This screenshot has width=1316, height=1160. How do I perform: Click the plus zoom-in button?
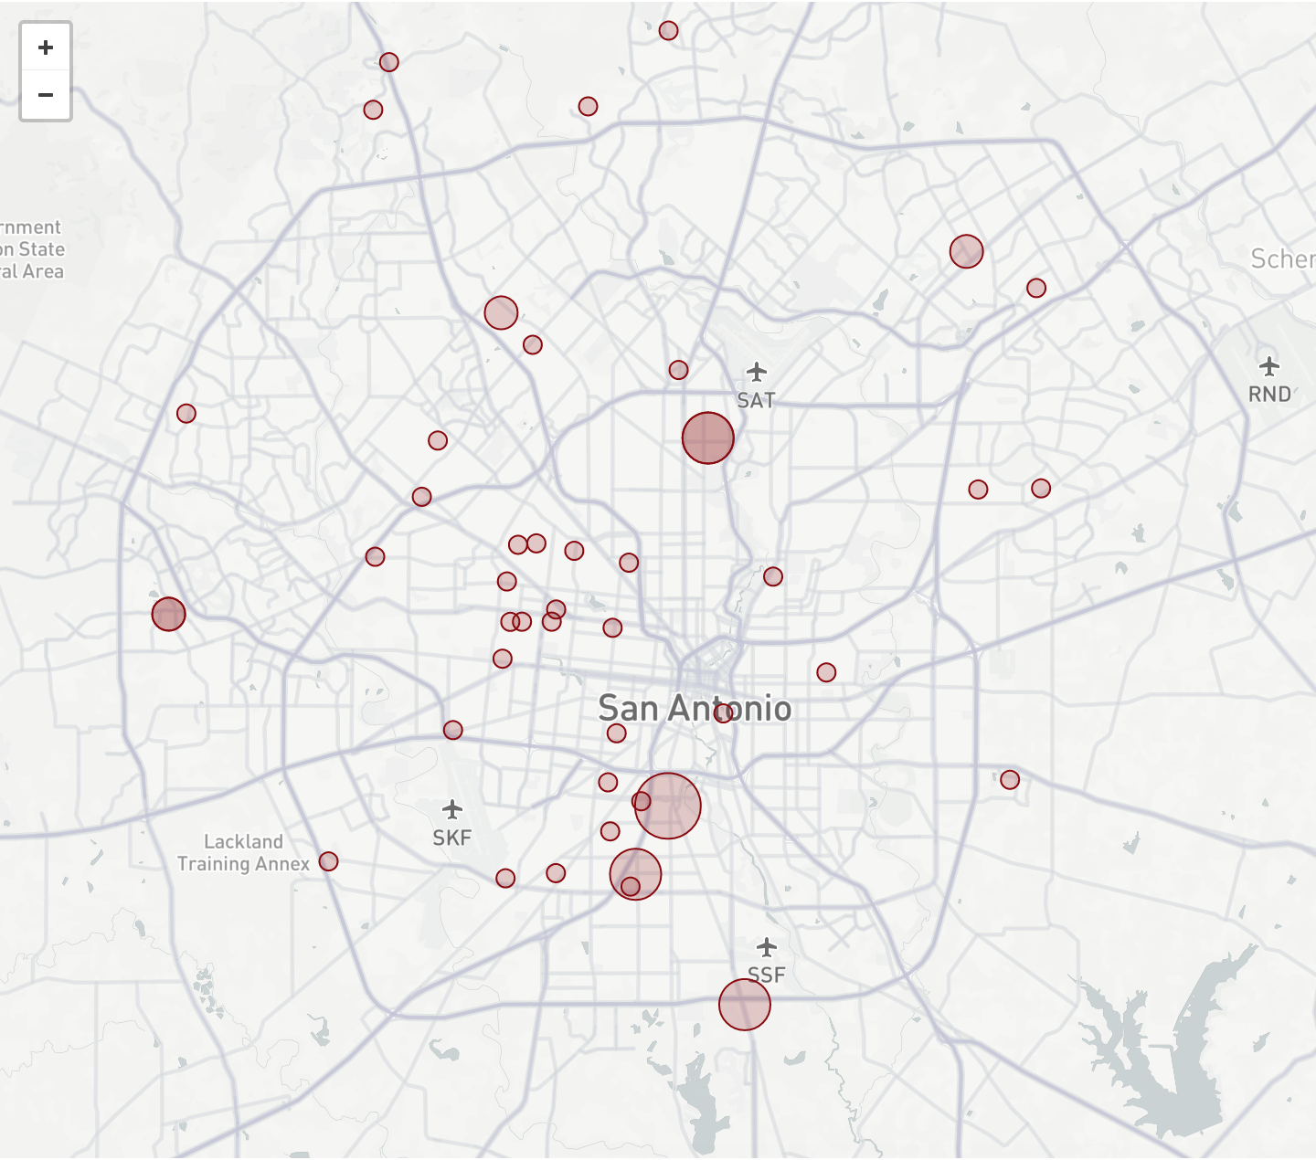tap(46, 47)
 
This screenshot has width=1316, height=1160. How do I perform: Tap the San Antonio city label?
tap(695, 708)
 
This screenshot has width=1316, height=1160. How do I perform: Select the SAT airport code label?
tap(756, 400)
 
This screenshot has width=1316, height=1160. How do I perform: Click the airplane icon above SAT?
tap(756, 372)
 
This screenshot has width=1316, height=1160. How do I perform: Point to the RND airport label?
tap(1269, 394)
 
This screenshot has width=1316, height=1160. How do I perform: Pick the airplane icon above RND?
tap(1269, 366)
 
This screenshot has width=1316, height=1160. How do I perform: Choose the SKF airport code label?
tap(451, 838)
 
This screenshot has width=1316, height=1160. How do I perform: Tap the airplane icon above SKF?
tap(451, 809)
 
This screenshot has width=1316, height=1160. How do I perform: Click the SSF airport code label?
tap(766, 975)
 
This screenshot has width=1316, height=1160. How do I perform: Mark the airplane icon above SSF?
tap(766, 946)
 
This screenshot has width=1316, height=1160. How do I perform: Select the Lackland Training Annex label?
tap(243, 852)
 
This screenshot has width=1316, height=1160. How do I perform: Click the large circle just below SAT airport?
tap(707, 438)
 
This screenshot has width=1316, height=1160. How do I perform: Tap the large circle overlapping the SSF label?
tap(744, 1005)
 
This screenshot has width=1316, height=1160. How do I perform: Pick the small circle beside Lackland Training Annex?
tap(328, 861)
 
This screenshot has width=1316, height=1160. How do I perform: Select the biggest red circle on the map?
tap(668, 806)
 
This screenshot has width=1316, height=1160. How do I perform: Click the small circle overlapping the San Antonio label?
tap(723, 713)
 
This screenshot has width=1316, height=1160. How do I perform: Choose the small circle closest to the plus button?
tap(373, 110)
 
